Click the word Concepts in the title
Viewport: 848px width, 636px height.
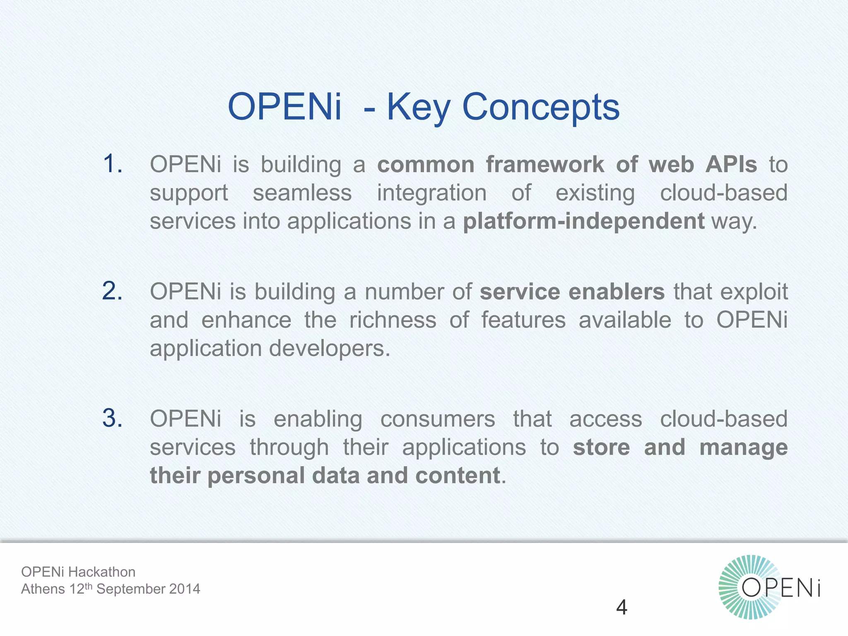click(x=540, y=107)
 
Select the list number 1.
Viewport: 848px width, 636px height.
click(x=113, y=164)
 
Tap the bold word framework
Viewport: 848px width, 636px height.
click(x=545, y=164)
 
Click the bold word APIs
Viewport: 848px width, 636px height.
click(x=731, y=164)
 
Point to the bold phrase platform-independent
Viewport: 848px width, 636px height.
click(x=583, y=221)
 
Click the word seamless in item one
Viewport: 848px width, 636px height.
click(x=302, y=193)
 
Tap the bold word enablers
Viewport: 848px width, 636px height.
click(x=617, y=291)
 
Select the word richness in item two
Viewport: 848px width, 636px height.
click(x=393, y=320)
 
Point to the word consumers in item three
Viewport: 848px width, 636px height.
click(x=438, y=419)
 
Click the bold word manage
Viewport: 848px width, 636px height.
click(x=743, y=448)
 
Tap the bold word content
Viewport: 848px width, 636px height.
click(x=458, y=475)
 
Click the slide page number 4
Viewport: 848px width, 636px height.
click(x=622, y=607)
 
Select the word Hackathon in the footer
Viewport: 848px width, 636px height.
click(x=101, y=572)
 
